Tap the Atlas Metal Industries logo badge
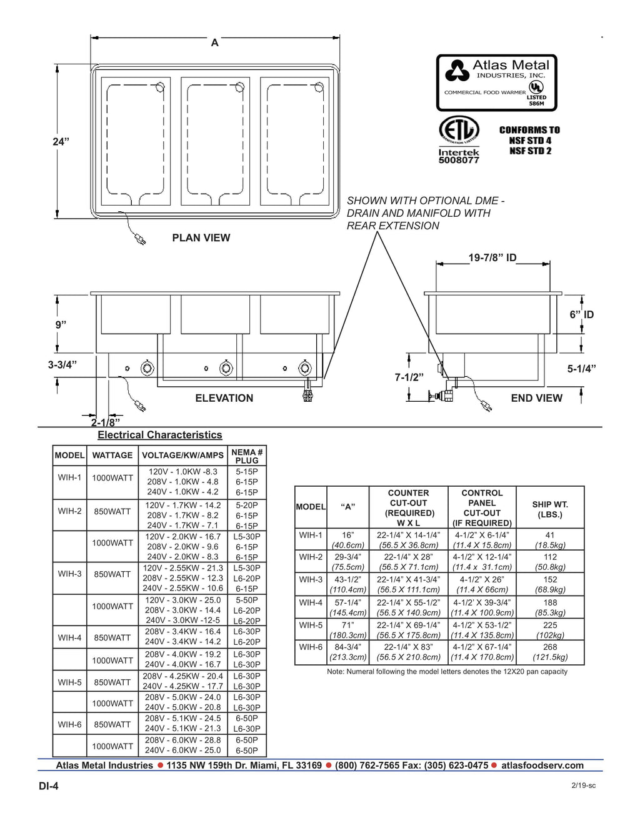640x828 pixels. point(496,82)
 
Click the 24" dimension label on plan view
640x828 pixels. point(61,142)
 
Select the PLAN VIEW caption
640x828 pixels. point(201,237)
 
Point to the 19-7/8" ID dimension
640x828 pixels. point(492,257)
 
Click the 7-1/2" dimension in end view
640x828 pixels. point(409,377)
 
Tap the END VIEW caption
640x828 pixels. point(536,398)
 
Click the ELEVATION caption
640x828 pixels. point(224,398)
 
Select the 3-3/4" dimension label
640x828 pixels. point(62,364)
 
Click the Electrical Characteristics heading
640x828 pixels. point(159,435)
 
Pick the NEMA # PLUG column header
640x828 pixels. point(247,456)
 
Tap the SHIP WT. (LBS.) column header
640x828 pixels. point(550,509)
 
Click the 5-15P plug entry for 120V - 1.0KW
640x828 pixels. point(247,472)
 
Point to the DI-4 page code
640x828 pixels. point(49,786)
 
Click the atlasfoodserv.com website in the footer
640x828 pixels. point(542,766)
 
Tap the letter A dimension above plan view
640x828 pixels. point(214,43)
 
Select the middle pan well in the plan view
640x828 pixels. point(215,141)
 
